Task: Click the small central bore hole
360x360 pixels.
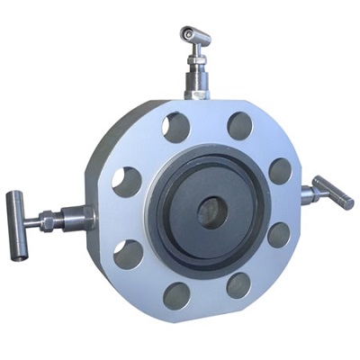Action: click(x=210, y=214)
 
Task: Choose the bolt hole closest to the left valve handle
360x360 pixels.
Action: click(x=127, y=181)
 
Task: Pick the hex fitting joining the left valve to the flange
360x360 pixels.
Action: click(x=76, y=217)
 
